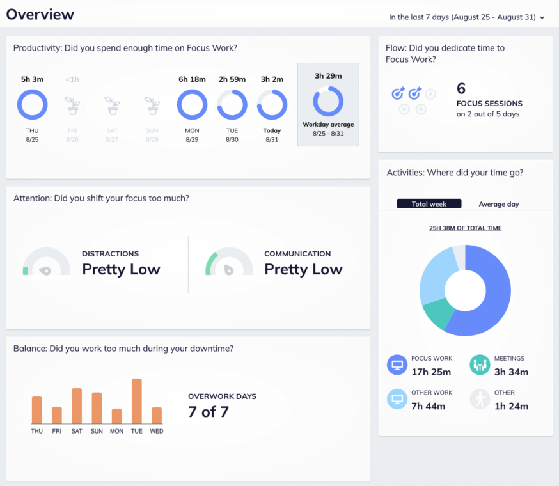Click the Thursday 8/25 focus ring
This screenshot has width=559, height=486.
pos(32,104)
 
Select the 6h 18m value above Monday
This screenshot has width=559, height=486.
pos(192,79)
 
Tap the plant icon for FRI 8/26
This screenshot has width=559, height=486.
pos(72,106)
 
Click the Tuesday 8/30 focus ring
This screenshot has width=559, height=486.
pos(232,104)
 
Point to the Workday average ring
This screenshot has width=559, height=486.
pos(328,102)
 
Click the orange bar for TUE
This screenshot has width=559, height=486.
pos(136,401)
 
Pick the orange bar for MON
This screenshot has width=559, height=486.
pos(116,416)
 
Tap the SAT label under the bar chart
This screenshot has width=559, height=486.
pos(77,432)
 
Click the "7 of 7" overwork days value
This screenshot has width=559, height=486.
pos(208,412)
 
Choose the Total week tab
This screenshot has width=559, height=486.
pos(429,204)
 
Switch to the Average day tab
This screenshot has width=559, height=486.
pos(499,204)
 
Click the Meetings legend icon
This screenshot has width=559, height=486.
pos(480,365)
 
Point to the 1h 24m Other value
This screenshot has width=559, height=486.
pos(511,405)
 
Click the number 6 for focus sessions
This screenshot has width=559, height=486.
pos(461,88)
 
